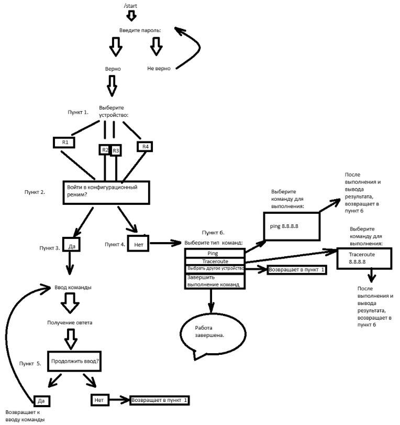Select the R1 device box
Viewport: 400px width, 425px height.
click(x=64, y=142)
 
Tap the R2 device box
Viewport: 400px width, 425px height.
click(x=105, y=150)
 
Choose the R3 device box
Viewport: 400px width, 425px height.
click(x=116, y=150)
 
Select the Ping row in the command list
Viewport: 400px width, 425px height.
click(x=215, y=253)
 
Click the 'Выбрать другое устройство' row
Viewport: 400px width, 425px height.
click(x=215, y=268)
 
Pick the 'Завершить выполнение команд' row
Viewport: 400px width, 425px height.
click(x=215, y=280)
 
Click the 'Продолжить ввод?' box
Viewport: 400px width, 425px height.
click(x=75, y=361)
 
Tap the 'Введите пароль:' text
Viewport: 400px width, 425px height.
click(x=140, y=30)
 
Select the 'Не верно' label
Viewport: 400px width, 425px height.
click(x=159, y=69)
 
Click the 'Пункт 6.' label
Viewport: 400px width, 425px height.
click(x=213, y=232)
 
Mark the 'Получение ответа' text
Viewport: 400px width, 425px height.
click(x=70, y=322)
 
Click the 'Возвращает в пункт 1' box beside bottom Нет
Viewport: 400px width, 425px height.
click(x=160, y=400)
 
